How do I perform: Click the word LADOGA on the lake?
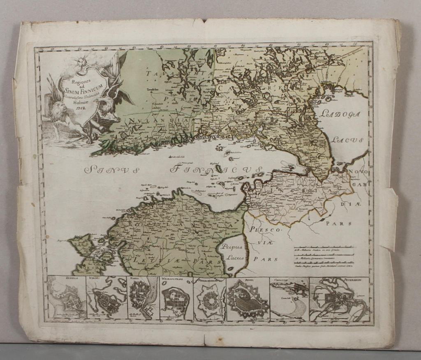[x=339, y=114]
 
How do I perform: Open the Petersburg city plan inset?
[x=340, y=299]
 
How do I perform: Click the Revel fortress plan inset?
[x=248, y=299]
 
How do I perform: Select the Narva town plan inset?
[x=143, y=299]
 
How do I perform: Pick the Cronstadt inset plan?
[x=289, y=299]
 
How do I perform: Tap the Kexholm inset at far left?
[x=66, y=299]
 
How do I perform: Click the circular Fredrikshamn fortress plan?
[x=210, y=299]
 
